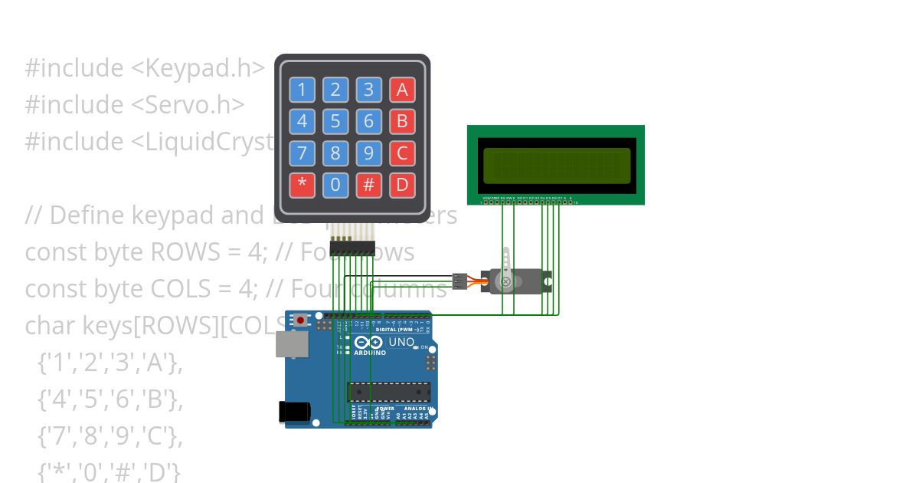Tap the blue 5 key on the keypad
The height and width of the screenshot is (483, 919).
[x=335, y=121]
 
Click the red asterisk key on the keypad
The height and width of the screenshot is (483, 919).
[x=302, y=185]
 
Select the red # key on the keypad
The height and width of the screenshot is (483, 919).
[x=368, y=185]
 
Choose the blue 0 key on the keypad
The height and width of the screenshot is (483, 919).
[x=335, y=185]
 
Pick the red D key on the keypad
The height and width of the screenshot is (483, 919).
[x=402, y=185]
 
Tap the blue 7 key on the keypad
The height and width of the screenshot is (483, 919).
[x=302, y=153]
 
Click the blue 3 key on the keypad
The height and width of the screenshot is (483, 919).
[x=368, y=90]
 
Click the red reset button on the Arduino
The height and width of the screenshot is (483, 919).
[x=302, y=319]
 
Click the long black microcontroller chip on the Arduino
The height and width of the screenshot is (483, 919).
[x=388, y=392]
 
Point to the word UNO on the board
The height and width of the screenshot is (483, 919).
[x=401, y=342]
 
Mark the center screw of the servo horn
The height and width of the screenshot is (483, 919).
[x=505, y=281]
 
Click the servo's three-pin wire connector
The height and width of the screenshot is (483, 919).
[x=459, y=281]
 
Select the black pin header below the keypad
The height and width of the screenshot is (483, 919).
[x=352, y=247]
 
